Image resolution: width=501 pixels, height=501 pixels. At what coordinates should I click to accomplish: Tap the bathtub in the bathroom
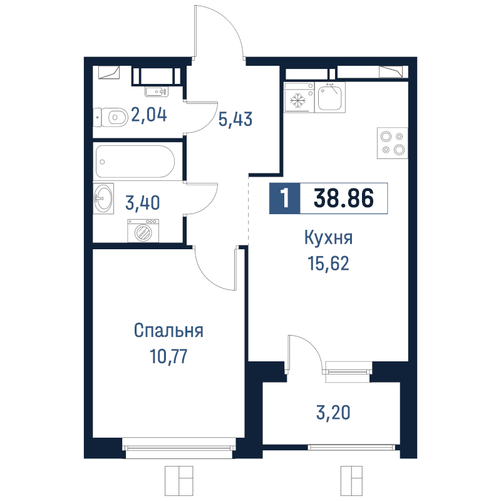coord(135,162)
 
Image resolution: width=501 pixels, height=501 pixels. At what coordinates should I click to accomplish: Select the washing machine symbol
coord(143,230)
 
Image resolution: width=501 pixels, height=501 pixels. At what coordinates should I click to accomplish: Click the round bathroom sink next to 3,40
coord(103,198)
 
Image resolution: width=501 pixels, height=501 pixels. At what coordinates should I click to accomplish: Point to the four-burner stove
coord(393,143)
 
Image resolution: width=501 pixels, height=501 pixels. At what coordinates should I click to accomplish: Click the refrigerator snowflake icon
coord(298,101)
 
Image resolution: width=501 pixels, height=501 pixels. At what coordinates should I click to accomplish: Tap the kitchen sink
coord(330,97)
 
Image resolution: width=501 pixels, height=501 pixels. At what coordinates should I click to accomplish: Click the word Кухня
coord(328,238)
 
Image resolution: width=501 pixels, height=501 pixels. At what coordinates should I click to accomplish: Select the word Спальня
coord(168,331)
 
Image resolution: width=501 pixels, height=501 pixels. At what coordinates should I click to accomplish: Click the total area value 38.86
coord(344,198)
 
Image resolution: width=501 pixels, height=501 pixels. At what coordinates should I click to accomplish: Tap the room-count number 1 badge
coord(285,198)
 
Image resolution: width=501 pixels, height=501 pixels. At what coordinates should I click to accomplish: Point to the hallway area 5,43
coord(235,119)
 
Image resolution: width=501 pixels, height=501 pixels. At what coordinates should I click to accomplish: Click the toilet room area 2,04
coord(149,115)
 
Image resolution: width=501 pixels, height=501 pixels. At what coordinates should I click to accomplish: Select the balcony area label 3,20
coord(333,412)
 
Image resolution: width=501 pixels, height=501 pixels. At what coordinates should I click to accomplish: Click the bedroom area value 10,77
coord(168,356)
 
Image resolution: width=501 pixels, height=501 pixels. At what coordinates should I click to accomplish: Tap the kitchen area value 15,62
coord(328,264)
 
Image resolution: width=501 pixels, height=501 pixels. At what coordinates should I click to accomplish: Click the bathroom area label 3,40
coord(143,203)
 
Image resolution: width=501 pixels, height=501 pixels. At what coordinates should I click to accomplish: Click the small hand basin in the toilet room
coord(156,91)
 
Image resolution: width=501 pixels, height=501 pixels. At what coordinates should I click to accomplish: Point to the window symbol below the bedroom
coord(179,480)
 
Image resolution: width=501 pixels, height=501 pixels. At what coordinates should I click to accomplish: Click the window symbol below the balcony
coord(351,480)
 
